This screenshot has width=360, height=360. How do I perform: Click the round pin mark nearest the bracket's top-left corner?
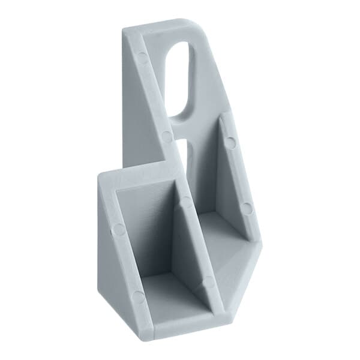point(142,58)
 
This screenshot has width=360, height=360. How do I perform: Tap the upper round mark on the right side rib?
point(230,143)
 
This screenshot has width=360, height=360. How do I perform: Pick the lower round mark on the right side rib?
point(247,208)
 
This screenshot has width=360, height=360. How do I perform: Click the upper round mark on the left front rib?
point(119,229)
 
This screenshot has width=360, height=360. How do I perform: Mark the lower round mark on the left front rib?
point(139,296)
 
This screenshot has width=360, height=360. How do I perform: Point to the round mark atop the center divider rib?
point(187,202)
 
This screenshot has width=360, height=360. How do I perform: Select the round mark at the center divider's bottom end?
point(208,282)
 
